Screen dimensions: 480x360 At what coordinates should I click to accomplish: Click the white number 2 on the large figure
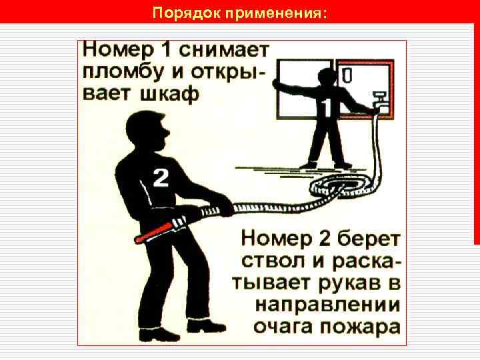161,178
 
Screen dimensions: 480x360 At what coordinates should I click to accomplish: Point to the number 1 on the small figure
327,108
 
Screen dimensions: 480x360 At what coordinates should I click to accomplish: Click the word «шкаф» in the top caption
170,93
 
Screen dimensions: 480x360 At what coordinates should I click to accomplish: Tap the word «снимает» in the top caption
224,50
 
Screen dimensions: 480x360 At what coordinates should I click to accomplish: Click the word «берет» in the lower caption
368,239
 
